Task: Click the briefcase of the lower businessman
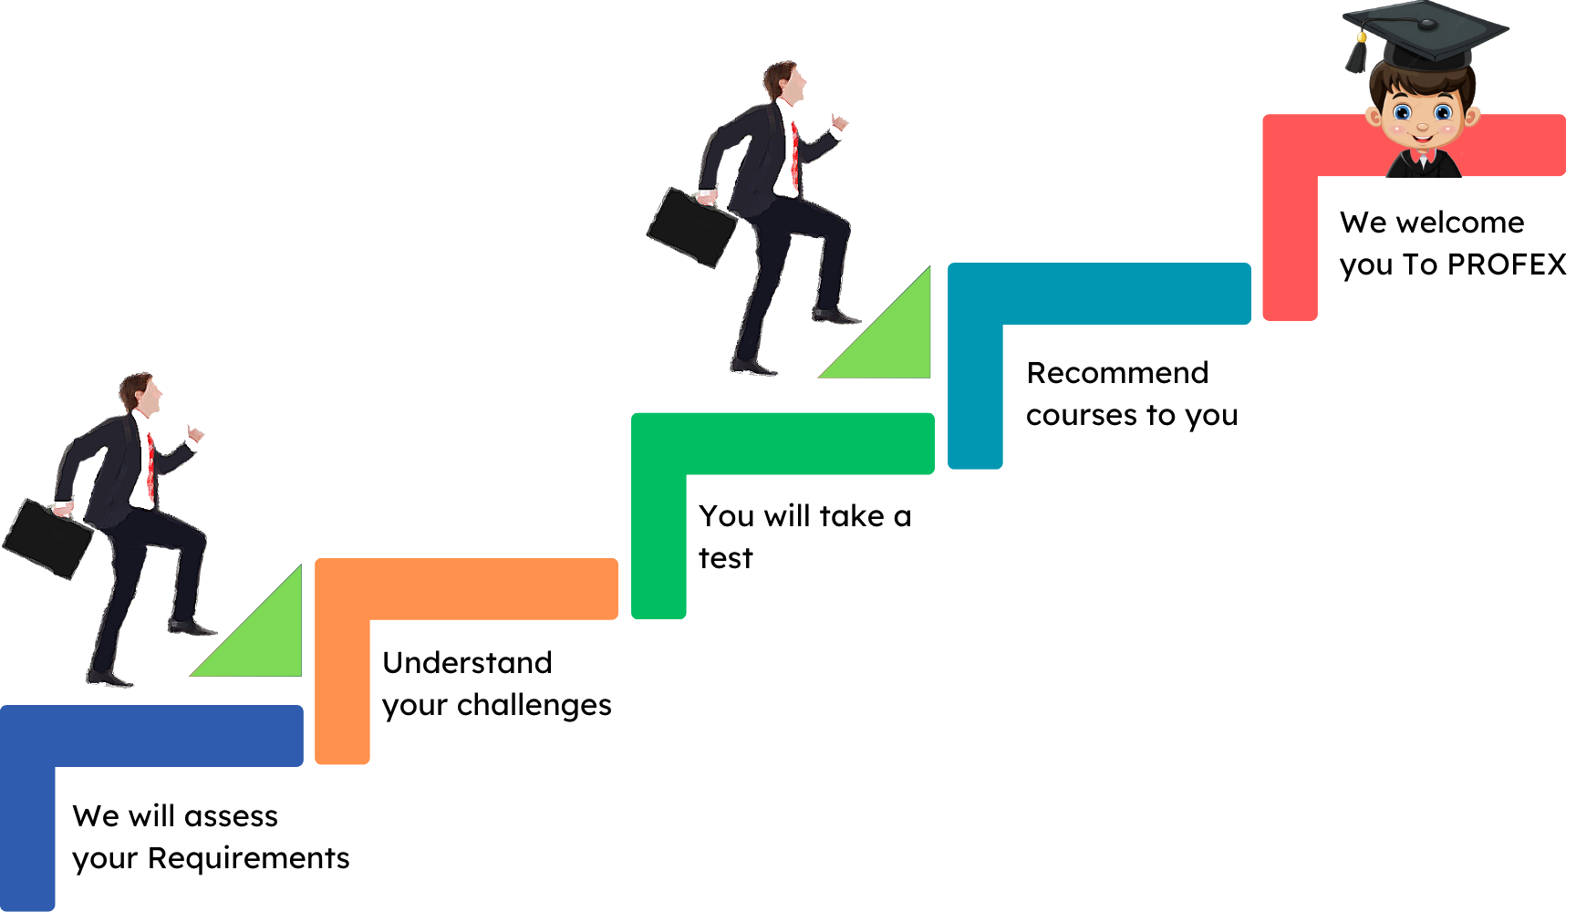(x=48, y=538)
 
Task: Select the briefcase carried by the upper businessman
(x=692, y=226)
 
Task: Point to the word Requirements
(x=249, y=858)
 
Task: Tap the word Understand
(x=468, y=663)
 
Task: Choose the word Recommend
(x=1118, y=373)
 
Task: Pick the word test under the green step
(x=726, y=558)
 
